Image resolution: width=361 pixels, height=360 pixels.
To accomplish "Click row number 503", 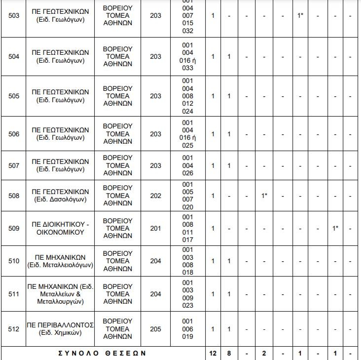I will coord(14,16).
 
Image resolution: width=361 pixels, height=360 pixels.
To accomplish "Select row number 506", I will coord(14,134).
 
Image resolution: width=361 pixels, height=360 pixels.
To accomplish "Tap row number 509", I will coord(14,228).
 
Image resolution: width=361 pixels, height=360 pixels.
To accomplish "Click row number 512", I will coord(14,329).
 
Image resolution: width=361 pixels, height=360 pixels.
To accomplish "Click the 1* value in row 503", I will coord(300,16).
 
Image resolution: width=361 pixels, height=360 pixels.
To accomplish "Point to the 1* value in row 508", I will coord(264,196).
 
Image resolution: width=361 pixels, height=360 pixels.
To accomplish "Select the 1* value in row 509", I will coord(335,228).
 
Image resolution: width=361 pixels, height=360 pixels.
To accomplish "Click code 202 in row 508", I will coord(155,196).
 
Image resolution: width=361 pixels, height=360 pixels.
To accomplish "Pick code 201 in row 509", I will coord(155,228).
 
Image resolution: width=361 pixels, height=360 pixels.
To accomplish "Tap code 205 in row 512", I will coord(155,329).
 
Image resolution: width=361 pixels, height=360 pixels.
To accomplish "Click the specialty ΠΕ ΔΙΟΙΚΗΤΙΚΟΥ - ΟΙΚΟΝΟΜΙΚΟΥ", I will coord(60,228).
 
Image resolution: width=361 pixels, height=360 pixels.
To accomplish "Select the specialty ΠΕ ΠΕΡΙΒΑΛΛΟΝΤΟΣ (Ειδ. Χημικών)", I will coord(60,329).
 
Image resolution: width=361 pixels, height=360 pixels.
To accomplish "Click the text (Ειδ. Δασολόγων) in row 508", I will coord(60,200).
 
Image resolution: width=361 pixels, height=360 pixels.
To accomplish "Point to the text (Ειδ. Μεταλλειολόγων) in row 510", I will coord(60,265).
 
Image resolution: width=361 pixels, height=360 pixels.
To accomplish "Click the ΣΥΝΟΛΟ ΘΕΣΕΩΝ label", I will coord(103,354).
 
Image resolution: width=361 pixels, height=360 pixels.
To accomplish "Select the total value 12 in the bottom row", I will coord(213,354).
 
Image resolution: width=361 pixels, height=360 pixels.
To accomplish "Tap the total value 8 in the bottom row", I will coord(229,354).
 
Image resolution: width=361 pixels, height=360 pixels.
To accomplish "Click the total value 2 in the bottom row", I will coord(264,354).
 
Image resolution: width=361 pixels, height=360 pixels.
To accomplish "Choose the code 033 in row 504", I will coord(187,68).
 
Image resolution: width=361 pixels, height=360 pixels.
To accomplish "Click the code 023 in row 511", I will coord(187,305).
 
